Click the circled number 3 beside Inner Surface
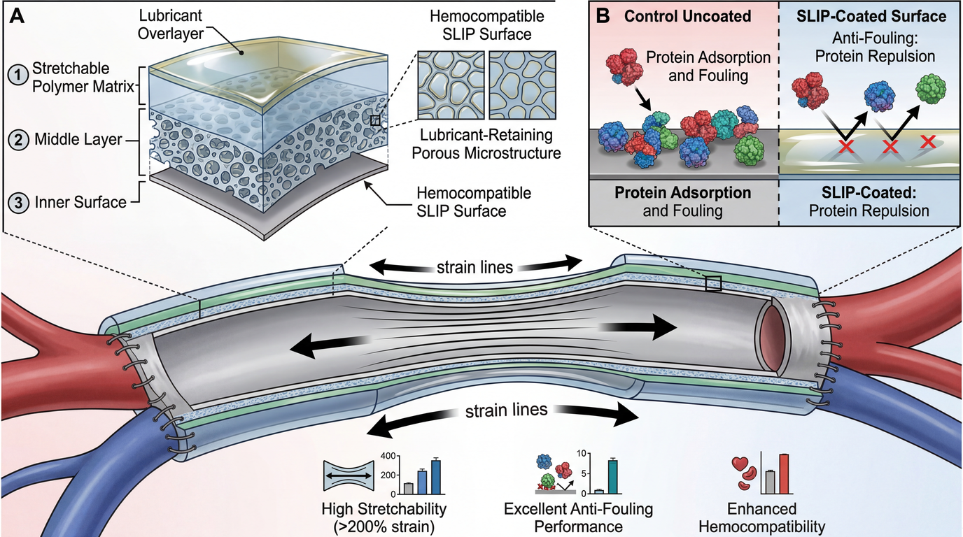(17, 202)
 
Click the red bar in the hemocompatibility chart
(785, 473)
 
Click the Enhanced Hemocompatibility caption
(768, 517)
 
